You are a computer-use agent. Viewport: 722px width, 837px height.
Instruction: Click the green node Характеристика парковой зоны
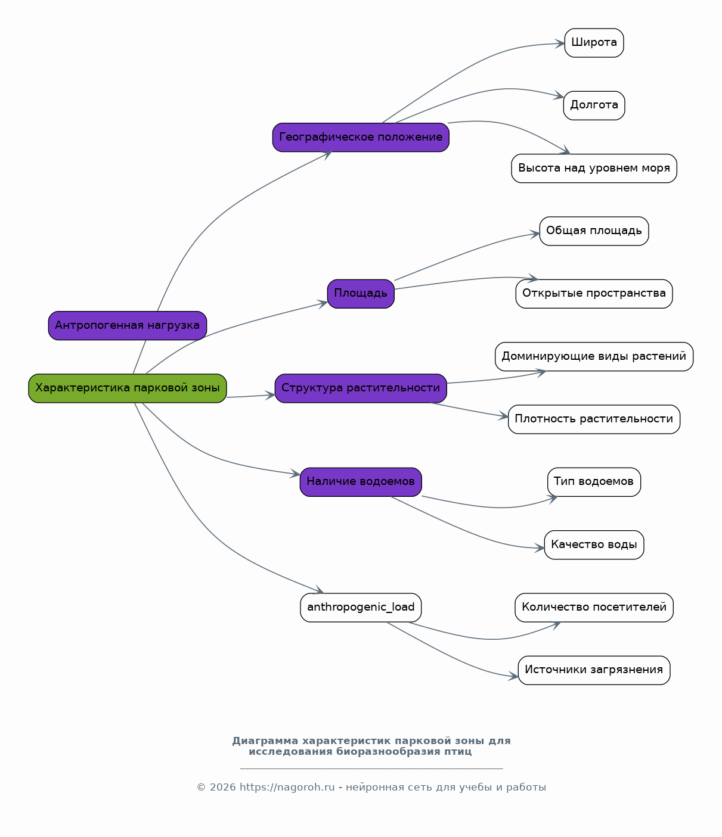pyautogui.click(x=127, y=388)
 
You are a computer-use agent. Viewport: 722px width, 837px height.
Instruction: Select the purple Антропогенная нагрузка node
pyautogui.click(x=127, y=325)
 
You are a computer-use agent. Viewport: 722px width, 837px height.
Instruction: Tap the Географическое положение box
pyautogui.click(x=361, y=137)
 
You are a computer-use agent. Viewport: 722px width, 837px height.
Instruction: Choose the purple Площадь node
pyautogui.click(x=361, y=294)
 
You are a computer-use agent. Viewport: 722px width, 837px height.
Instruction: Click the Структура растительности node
pyautogui.click(x=361, y=388)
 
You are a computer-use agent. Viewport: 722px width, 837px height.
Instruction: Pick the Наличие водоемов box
pyautogui.click(x=361, y=482)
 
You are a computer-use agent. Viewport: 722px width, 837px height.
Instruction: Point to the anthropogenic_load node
pyautogui.click(x=361, y=608)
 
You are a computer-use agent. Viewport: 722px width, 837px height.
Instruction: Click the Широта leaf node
pyautogui.click(x=594, y=42)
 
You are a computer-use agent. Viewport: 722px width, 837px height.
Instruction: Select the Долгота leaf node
pyautogui.click(x=594, y=105)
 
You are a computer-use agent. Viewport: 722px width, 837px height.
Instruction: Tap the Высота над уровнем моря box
pyautogui.click(x=594, y=168)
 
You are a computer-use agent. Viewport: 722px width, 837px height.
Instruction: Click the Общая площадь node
pyautogui.click(x=594, y=231)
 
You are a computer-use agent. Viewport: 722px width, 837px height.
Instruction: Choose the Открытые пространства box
pyautogui.click(x=594, y=294)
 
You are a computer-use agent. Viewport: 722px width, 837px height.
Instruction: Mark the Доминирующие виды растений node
pyautogui.click(x=594, y=356)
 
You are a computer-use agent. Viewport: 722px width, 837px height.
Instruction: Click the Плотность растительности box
pyautogui.click(x=594, y=419)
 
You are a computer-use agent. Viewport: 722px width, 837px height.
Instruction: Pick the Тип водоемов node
pyautogui.click(x=594, y=482)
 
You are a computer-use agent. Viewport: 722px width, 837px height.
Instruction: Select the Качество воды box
pyautogui.click(x=594, y=544)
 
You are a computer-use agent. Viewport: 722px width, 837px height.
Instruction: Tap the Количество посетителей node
pyautogui.click(x=594, y=608)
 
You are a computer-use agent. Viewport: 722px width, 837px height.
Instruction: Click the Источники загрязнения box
pyautogui.click(x=594, y=670)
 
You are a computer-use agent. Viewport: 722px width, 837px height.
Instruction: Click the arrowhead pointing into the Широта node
pyautogui.click(x=559, y=43)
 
